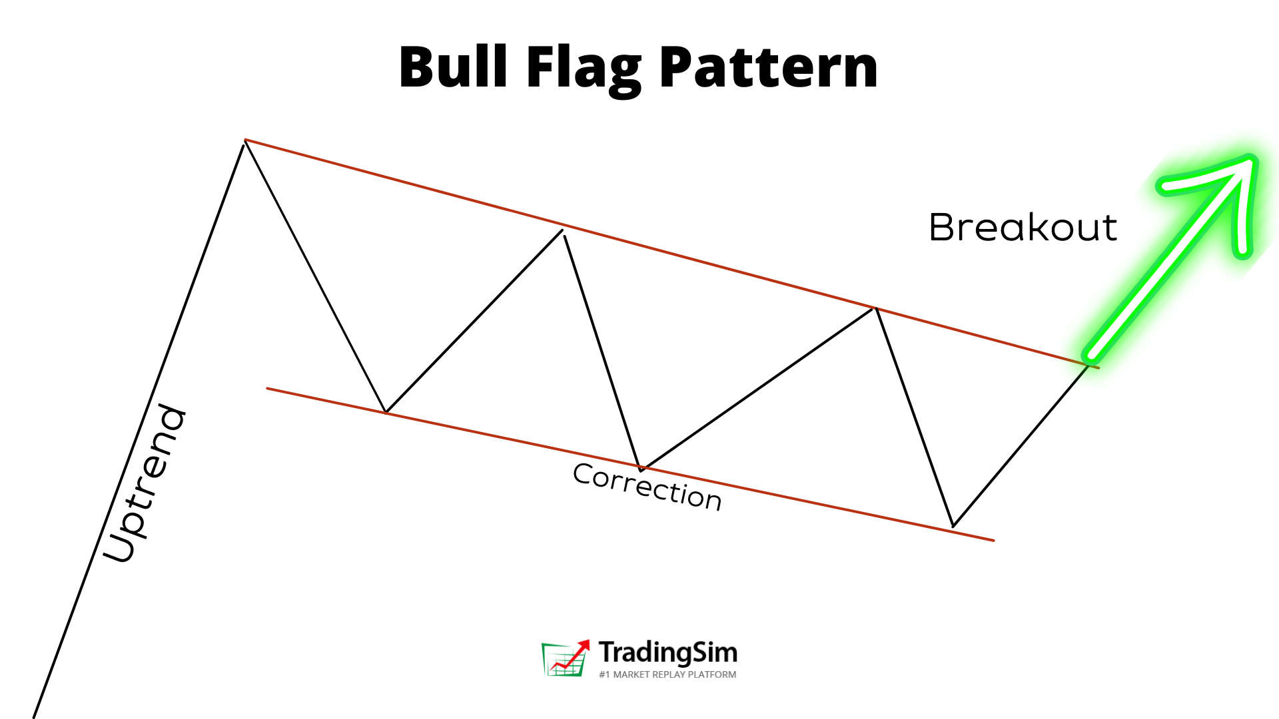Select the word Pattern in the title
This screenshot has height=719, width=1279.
769,68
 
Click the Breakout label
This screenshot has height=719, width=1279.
1023,228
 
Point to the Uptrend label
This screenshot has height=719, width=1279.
145,483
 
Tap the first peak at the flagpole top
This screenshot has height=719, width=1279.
245,141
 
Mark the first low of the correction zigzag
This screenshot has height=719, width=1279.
386,412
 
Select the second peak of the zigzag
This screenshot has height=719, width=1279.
563,231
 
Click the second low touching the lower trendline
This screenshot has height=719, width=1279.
641,469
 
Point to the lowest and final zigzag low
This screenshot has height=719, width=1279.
953,526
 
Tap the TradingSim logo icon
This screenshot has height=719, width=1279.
565,658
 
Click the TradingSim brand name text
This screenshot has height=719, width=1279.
667,652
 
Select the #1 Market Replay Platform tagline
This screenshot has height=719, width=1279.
667,674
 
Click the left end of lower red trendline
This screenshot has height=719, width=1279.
268,388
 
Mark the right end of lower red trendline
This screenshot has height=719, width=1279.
993,541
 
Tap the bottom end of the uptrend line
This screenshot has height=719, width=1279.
34,716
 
